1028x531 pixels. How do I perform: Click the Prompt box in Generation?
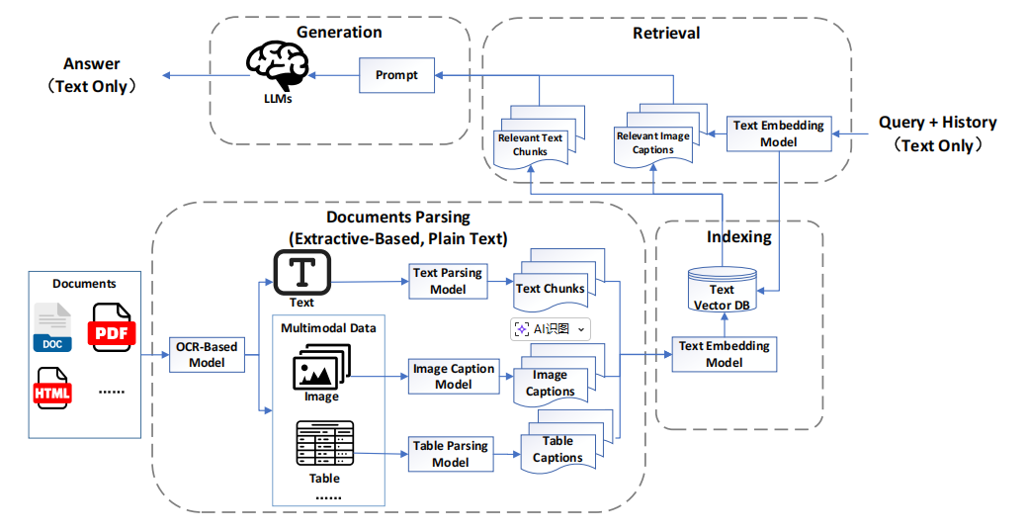(x=396, y=75)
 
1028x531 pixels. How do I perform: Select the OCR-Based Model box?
(x=208, y=355)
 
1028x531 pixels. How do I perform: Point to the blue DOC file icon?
(x=52, y=327)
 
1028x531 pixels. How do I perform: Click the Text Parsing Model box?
(x=448, y=281)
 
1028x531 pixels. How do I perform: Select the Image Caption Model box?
(x=453, y=376)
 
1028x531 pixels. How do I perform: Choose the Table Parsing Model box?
(x=451, y=453)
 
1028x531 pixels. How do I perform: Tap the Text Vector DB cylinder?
(x=722, y=289)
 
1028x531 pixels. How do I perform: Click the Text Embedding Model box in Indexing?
(x=725, y=354)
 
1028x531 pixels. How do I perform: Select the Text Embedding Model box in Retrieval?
(x=779, y=133)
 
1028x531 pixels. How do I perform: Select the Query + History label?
(x=937, y=123)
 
